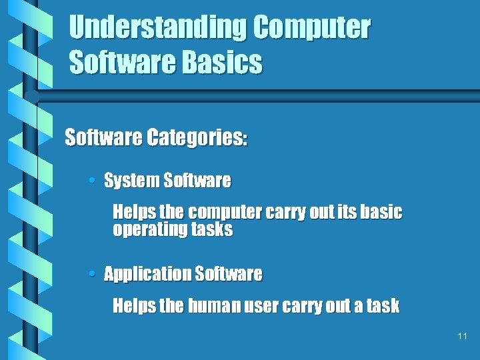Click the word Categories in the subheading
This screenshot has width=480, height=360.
click(197, 138)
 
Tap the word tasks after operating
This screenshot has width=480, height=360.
click(212, 231)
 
